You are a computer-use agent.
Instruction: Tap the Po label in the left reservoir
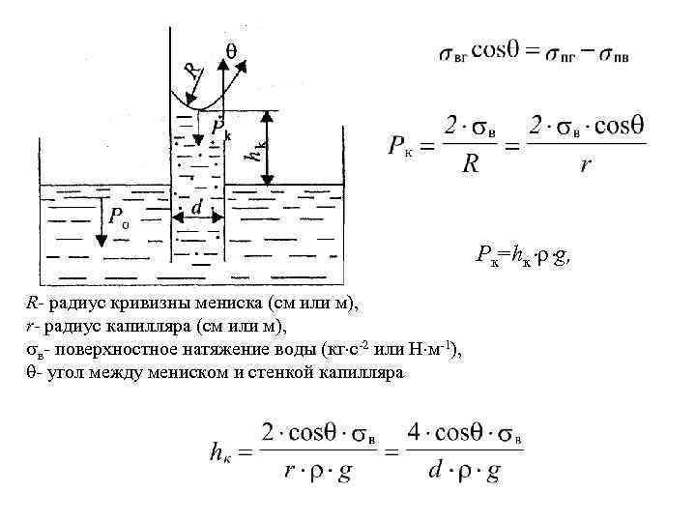[x=120, y=219]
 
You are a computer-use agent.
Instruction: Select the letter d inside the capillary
[x=196, y=207]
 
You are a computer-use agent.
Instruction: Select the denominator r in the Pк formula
[x=585, y=165]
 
